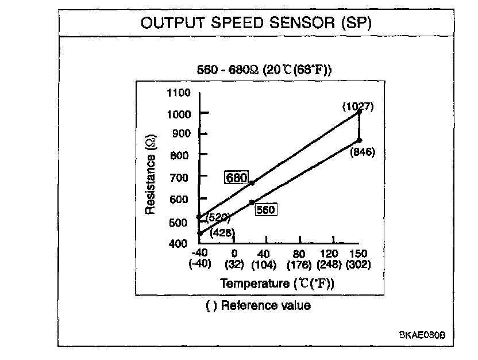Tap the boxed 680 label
click(x=237, y=178)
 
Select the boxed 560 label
click(x=265, y=210)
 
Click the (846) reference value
click(x=362, y=152)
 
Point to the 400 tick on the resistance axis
click(x=179, y=243)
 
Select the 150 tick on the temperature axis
click(x=358, y=254)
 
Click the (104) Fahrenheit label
click(x=265, y=265)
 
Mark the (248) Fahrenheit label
click(x=329, y=265)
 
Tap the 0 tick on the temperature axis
click(x=234, y=254)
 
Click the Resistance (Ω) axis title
click(x=150, y=175)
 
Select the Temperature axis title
click(x=277, y=284)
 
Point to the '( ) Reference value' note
click(x=258, y=306)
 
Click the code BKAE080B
click(x=423, y=335)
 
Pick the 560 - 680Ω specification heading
click(x=265, y=70)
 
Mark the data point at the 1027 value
click(x=360, y=113)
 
